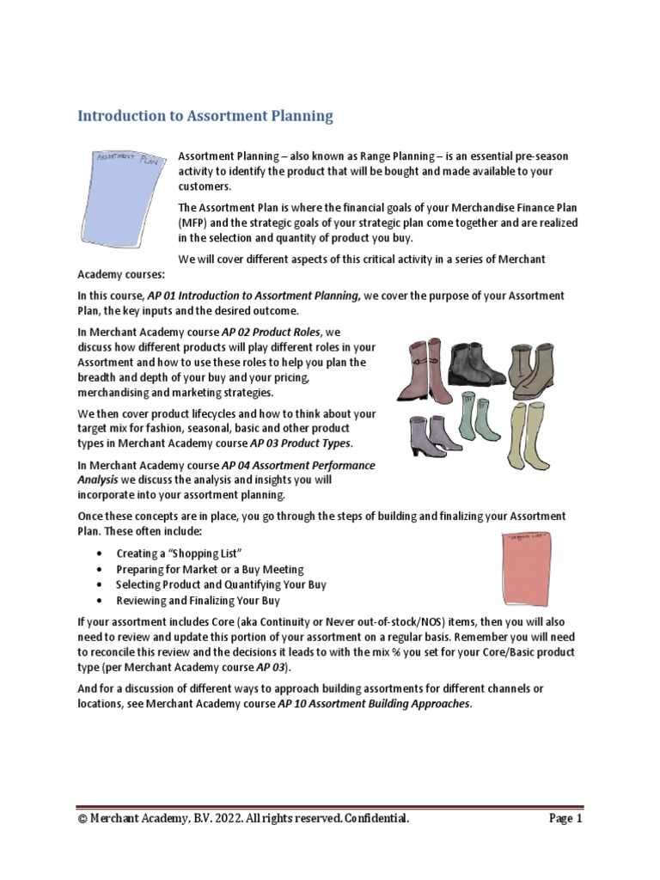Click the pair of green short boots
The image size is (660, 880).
click(x=469, y=417)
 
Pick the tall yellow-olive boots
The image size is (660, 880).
click(x=523, y=434)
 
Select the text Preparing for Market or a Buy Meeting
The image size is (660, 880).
click(x=210, y=570)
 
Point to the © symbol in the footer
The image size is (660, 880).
click(x=82, y=819)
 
